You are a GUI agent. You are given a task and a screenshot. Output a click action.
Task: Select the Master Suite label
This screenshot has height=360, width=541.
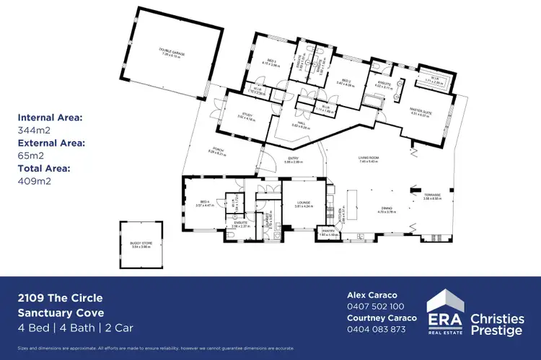(x=419, y=111)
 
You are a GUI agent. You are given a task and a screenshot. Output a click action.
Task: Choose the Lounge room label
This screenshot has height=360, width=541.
(x=303, y=203)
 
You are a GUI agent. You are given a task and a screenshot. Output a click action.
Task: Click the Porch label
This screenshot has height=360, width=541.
(x=216, y=151)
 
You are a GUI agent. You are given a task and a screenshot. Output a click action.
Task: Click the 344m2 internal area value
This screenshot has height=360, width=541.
(x=32, y=131)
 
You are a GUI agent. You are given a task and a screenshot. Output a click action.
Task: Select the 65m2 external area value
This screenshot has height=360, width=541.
(x=30, y=156)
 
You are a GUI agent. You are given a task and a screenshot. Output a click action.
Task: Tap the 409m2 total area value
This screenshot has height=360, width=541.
(x=32, y=181)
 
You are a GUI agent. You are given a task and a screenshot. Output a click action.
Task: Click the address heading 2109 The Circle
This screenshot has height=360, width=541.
(x=61, y=297)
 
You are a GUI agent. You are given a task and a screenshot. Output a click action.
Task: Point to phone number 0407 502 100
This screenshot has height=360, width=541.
(x=377, y=306)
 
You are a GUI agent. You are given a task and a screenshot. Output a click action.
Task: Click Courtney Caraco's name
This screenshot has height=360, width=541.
(x=382, y=317)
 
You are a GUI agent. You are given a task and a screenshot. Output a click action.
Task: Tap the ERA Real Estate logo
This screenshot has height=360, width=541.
(x=445, y=312)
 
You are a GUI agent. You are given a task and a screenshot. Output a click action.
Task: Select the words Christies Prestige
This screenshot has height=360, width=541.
(x=498, y=323)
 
